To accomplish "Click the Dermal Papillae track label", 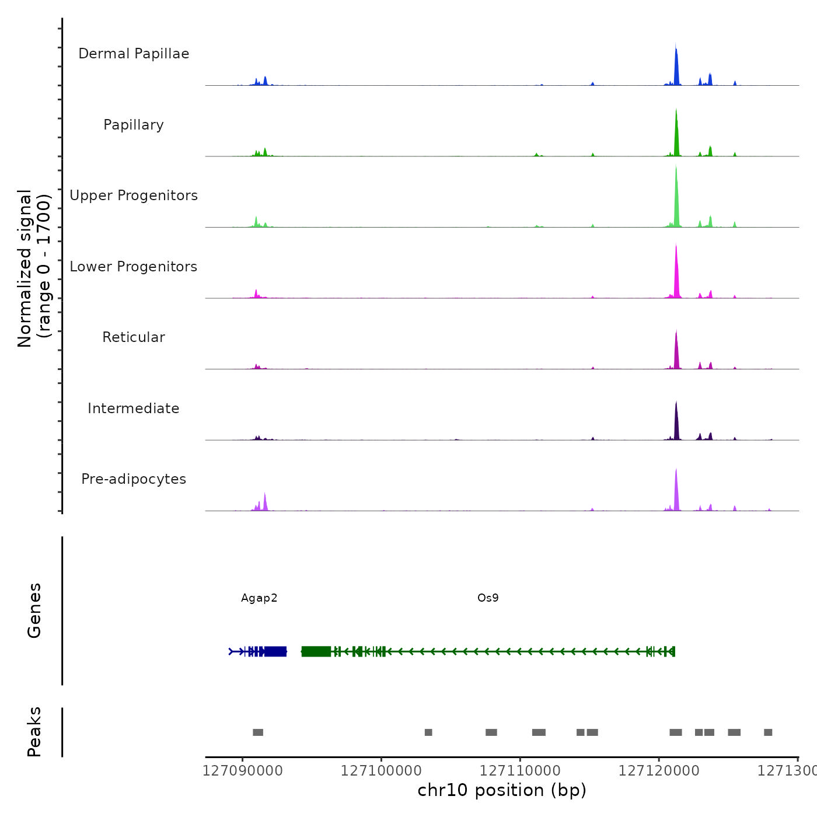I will [134, 54].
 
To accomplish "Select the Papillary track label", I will [134, 125].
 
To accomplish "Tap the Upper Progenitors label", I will [134, 195].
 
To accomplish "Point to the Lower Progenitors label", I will [134, 267].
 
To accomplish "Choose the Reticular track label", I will [134, 337].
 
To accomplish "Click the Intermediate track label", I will [134, 408].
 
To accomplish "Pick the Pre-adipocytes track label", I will [134, 479].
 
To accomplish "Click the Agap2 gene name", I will [259, 598].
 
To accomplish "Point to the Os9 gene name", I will [488, 598].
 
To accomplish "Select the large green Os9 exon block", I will [316, 651].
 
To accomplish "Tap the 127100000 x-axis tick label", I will [381, 771].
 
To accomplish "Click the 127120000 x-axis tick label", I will [659, 771].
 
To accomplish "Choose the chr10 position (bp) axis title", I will [502, 790].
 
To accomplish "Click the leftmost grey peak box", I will [258, 732].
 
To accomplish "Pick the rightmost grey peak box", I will [768, 732].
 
